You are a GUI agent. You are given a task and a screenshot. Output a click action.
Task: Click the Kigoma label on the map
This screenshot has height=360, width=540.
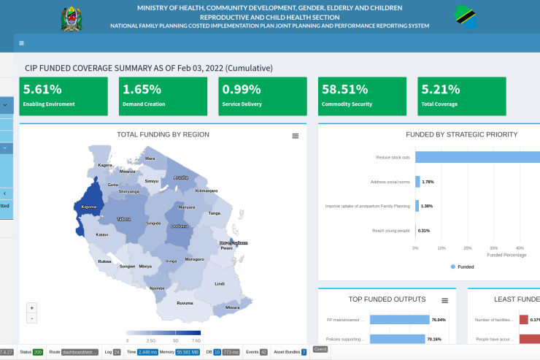coord(88,207)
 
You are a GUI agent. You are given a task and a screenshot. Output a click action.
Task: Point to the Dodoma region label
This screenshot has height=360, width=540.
coord(179,226)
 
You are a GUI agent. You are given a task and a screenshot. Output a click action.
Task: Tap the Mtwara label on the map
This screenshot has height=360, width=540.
coord(232,307)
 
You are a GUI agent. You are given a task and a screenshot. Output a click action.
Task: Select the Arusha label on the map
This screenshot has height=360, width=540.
coord(181,177)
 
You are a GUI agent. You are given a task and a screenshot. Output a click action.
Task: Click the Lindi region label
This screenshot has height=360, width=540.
coord(219,283)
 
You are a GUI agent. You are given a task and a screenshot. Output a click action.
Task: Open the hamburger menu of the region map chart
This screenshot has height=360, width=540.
coord(296,136)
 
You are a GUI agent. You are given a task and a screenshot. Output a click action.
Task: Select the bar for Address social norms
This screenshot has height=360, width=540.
coord(418,182)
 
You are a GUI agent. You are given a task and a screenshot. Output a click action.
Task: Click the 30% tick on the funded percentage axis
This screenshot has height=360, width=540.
coord(493,248)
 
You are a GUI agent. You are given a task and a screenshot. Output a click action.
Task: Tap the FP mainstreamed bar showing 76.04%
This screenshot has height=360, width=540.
coord(399,319)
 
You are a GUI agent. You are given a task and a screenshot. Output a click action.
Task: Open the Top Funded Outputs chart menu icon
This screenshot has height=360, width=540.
coord(444,300)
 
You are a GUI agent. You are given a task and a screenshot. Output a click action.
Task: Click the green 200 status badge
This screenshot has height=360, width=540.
coord(38,352)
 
